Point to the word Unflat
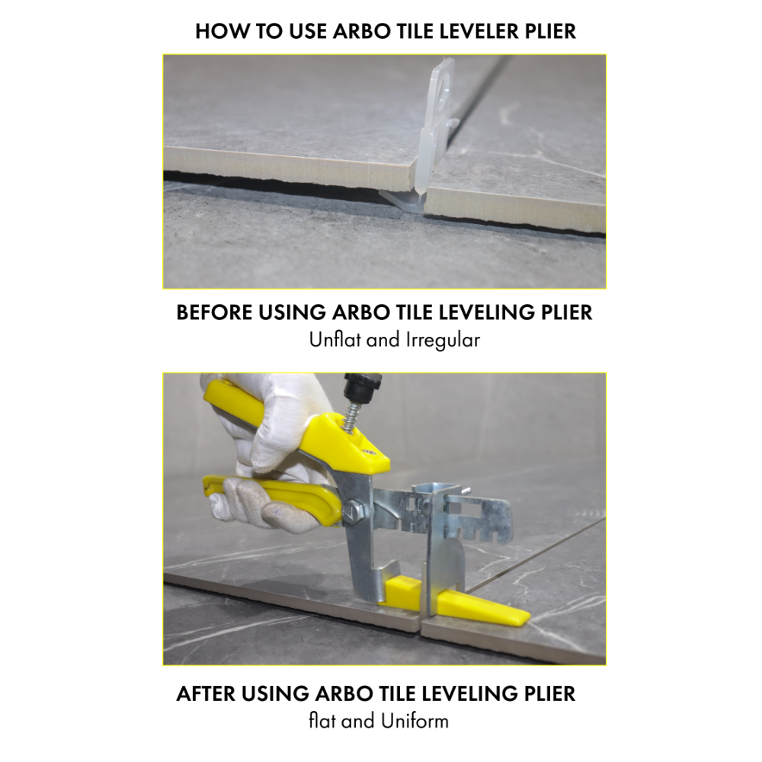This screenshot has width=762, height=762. pyautogui.click(x=336, y=340)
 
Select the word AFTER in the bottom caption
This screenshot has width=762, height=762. pyautogui.click(x=205, y=694)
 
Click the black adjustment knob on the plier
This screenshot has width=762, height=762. pyautogui.click(x=362, y=389)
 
